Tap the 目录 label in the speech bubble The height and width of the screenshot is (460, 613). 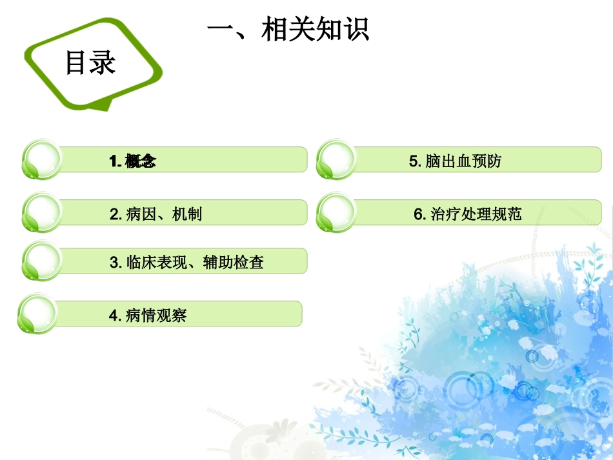click(90, 63)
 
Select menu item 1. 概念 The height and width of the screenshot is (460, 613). click(133, 161)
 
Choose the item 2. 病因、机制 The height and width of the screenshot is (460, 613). click(156, 214)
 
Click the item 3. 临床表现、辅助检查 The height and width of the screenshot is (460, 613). click(186, 262)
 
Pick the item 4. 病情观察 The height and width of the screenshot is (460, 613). click(148, 315)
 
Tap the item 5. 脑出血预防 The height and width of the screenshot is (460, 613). click(455, 161)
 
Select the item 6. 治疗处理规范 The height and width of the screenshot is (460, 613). click(468, 214)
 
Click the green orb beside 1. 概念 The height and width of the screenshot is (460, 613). click(43, 159)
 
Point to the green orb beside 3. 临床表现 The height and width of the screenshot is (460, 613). click(43, 260)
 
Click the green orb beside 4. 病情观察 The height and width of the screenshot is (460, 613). click(37, 314)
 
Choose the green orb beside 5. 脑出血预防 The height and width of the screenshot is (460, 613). click(337, 159)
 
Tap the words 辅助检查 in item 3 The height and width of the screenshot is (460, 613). click(233, 262)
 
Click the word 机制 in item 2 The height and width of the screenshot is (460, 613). click(187, 214)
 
